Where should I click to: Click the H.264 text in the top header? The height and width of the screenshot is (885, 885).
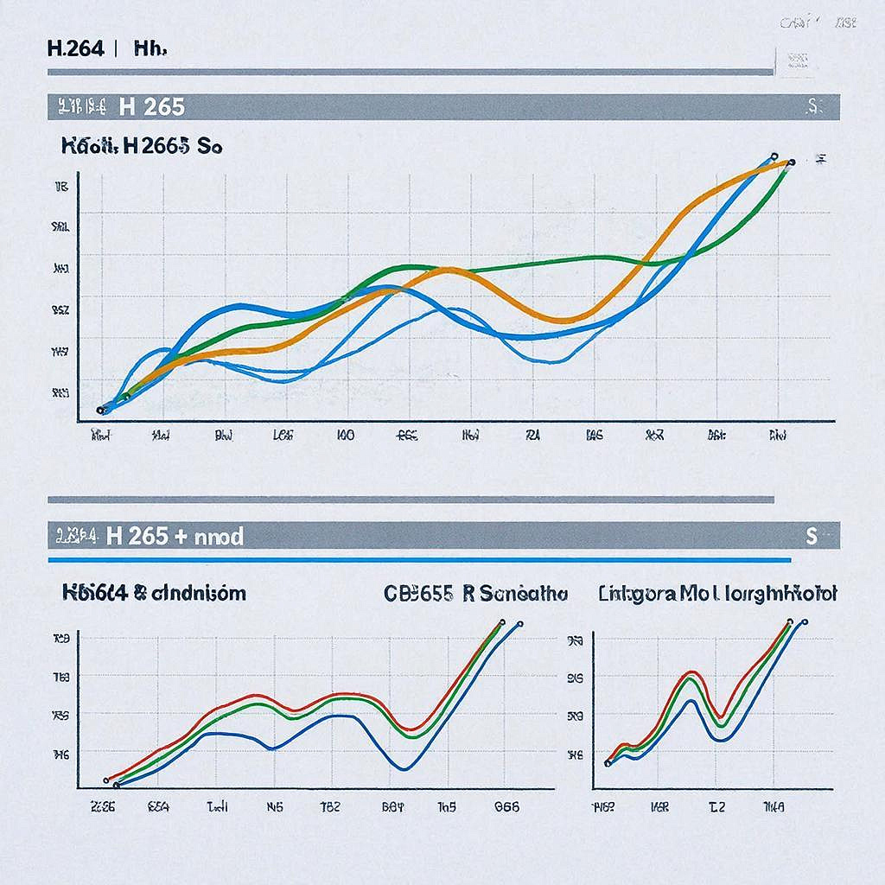coord(75,48)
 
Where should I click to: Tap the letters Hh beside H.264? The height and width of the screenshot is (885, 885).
coord(149,48)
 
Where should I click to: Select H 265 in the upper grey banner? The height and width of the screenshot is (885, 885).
coord(152,107)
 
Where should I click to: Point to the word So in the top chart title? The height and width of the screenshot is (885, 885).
coord(210,147)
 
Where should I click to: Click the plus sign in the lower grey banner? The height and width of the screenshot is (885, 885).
coord(180,537)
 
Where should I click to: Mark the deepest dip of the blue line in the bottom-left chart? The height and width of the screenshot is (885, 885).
coord(404,767)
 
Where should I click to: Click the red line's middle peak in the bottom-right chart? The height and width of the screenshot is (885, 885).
coord(691,672)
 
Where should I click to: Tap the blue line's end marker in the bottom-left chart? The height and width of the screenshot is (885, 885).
coord(519,622)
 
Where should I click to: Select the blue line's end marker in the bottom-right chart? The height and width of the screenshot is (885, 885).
coord(805,621)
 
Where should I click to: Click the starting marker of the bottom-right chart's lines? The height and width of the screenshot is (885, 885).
coord(608,762)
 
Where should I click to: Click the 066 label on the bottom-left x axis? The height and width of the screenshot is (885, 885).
coord(506,807)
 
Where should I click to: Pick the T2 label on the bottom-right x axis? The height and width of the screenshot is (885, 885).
coord(717,807)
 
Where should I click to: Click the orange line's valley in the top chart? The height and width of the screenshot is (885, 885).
coord(563,321)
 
